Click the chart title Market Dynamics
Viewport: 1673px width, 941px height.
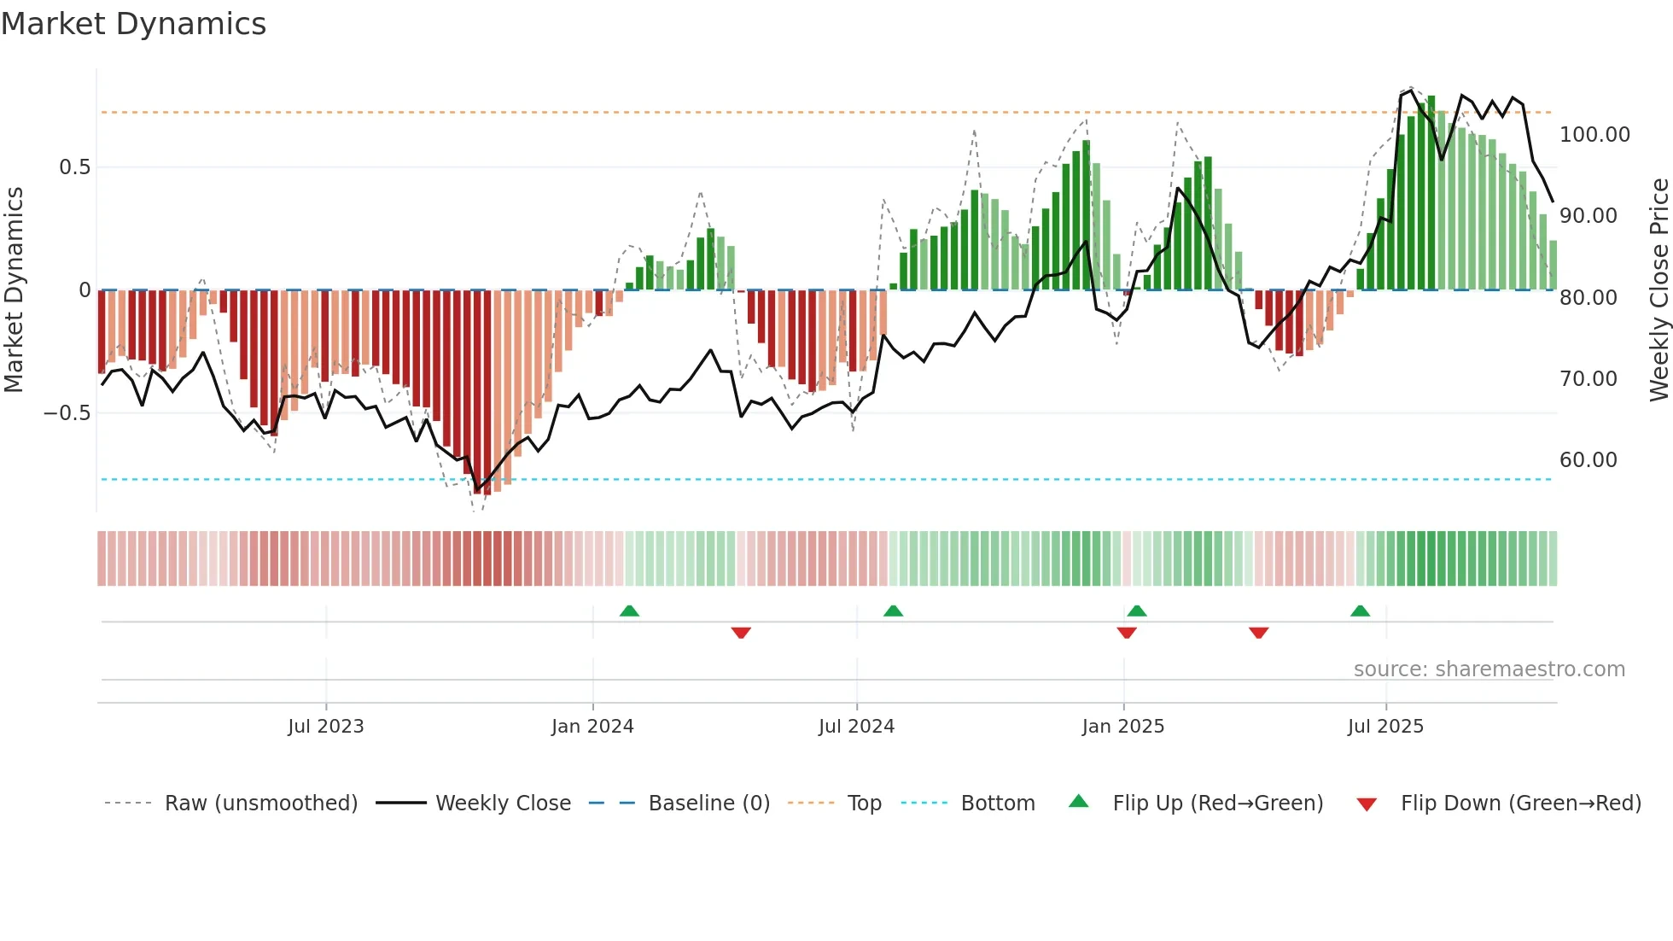(134, 24)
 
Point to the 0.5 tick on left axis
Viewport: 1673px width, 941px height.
(74, 167)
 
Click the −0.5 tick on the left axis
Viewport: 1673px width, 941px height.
(67, 413)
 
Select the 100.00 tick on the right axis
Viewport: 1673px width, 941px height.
(1594, 135)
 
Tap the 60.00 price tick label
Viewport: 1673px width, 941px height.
(1588, 460)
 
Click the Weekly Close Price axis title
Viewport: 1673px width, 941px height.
(1658, 290)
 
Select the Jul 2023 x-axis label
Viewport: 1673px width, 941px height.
(325, 727)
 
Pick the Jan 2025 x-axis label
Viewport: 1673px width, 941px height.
(1122, 727)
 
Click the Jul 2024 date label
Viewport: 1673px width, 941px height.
(856, 727)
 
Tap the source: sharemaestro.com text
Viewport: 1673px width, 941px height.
(1489, 669)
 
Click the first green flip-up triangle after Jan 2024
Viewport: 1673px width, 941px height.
(629, 611)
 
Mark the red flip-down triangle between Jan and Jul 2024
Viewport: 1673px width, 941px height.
(741, 633)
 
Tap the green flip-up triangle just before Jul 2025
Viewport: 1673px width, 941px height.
(1360, 611)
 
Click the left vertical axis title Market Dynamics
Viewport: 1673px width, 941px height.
(14, 290)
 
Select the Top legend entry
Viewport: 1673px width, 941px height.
(864, 804)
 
